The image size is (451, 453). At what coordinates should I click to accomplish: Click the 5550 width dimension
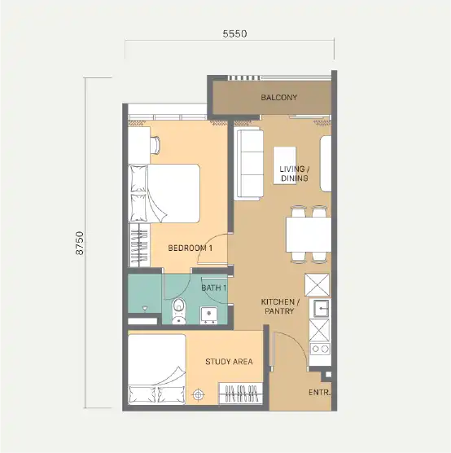tap(234, 33)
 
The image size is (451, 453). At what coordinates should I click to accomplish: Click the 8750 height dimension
tap(80, 243)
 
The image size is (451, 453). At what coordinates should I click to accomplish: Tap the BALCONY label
tap(279, 97)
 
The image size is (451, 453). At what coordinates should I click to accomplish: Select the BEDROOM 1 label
tap(190, 248)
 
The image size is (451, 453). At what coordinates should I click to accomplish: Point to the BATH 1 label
tap(214, 288)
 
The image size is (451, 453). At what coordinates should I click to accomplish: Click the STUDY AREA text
tap(229, 362)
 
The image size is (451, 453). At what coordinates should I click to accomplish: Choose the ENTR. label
tap(320, 393)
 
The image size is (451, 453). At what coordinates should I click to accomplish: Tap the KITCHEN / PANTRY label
tap(280, 306)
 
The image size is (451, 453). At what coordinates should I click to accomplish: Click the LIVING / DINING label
tap(294, 174)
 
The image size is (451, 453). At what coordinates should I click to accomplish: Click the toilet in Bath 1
tap(179, 311)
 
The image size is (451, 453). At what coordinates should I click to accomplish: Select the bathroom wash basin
tap(208, 315)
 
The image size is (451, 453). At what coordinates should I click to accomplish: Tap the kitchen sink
tap(319, 308)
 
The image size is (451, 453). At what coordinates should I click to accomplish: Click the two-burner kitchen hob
tap(320, 349)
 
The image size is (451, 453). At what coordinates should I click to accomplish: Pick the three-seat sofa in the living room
tap(248, 164)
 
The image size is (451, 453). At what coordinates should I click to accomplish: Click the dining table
tap(309, 235)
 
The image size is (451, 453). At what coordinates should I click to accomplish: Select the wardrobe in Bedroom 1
tap(139, 245)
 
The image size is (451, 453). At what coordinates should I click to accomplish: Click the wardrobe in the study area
tap(241, 394)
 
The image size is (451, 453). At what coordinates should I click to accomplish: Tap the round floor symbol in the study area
tap(198, 394)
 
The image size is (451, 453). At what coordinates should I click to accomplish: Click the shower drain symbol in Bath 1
tap(145, 309)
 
